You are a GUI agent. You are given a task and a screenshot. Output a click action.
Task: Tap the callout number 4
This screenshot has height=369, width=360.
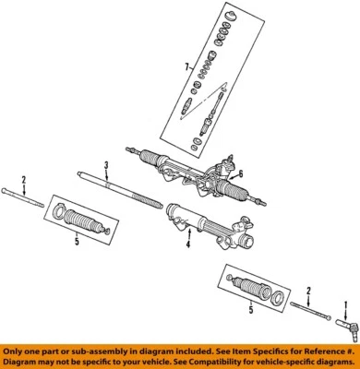187,244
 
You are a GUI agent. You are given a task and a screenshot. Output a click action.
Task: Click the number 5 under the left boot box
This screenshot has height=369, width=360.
77,241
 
